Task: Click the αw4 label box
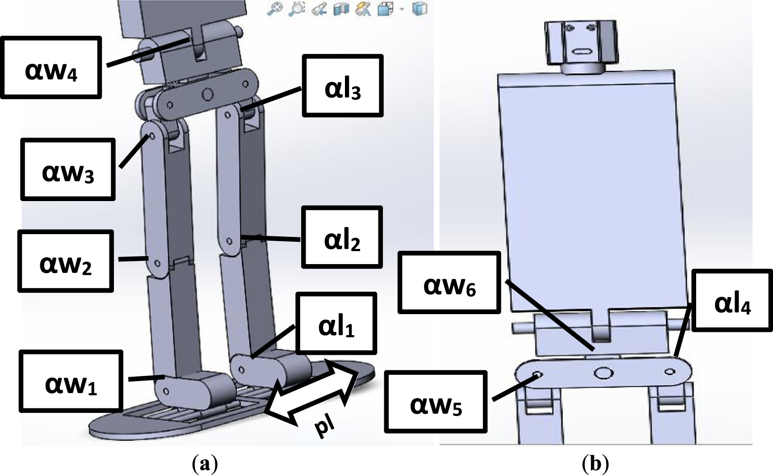pos(51,67)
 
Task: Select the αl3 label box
pos(343,86)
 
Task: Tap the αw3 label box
pos(68,169)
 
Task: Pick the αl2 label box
pos(342,237)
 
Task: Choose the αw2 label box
pos(66,261)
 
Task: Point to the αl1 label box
pos(336,323)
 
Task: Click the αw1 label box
pos(71,381)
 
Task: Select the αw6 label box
pos(449,282)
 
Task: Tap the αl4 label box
pos(732,300)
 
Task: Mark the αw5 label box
pos(436,402)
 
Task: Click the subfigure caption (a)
pos(205,464)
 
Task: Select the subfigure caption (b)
pos(596,464)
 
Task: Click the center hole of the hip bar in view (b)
pos(602,372)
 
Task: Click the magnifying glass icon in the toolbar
pos(274,9)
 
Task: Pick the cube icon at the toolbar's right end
pos(419,9)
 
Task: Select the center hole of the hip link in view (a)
pos(207,94)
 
